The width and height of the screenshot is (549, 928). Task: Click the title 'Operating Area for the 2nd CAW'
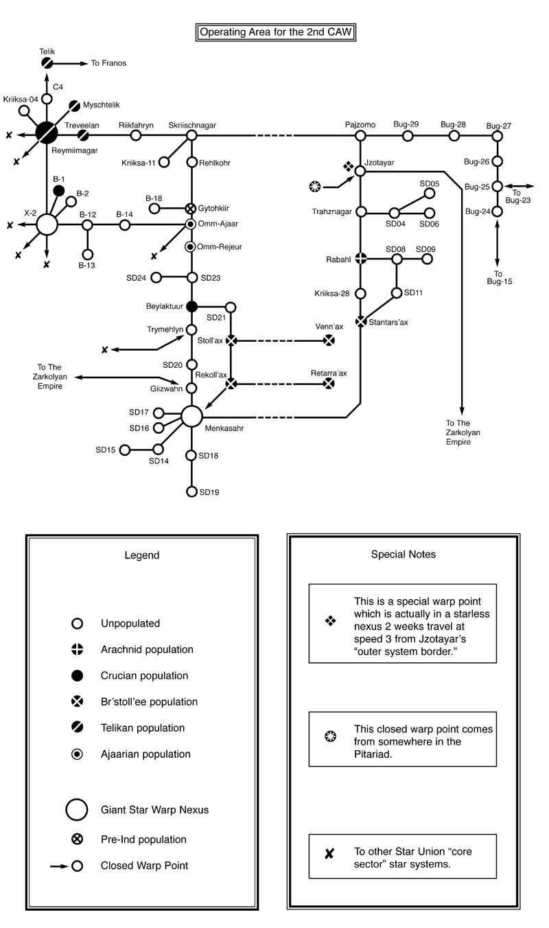[277, 32]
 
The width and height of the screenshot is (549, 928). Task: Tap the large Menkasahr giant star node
[192, 416]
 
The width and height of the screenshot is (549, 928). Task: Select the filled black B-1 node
[59, 190]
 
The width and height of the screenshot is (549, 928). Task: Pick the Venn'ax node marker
[329, 340]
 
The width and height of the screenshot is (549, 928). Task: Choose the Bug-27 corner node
[498, 136]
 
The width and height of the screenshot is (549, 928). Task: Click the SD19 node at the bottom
[192, 491]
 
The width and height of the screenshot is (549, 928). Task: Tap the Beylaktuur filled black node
[192, 306]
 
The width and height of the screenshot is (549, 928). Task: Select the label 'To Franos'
[108, 63]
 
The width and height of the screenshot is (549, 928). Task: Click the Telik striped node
[47, 63]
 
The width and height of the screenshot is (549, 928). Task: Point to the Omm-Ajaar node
[192, 224]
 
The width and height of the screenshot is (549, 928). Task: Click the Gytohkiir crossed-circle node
[192, 208]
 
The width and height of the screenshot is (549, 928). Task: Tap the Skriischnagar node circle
[192, 136]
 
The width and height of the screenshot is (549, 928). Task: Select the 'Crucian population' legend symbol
[78, 676]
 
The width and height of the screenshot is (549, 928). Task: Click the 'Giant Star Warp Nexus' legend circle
[77, 809]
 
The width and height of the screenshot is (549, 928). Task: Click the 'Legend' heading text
[142, 555]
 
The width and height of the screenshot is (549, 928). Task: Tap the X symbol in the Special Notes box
[329, 854]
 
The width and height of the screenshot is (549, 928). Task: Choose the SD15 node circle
[125, 450]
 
